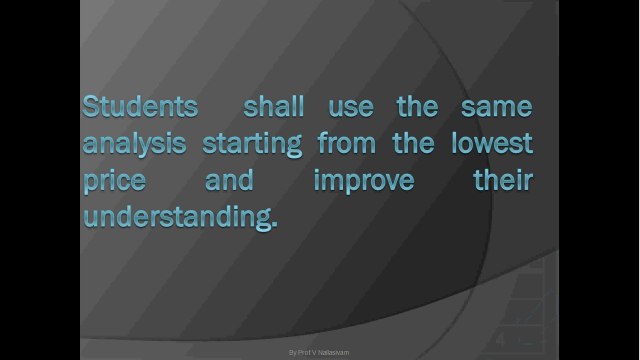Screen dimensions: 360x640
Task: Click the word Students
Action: [140, 106]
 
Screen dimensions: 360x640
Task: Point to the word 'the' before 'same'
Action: [418, 106]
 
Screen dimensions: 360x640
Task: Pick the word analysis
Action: [134, 144]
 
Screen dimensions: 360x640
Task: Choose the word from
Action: [346, 143]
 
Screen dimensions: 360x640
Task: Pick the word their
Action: [503, 180]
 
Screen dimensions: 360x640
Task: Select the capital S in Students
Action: [91, 106]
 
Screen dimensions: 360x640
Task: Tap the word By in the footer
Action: [292, 353]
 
